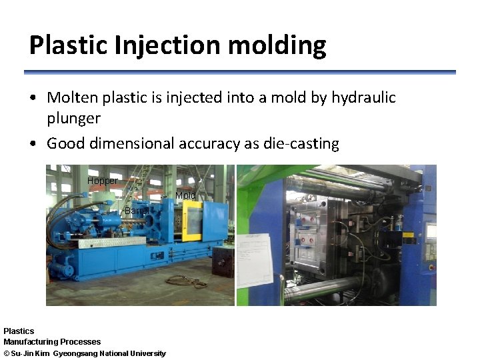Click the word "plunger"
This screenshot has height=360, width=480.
point(73,119)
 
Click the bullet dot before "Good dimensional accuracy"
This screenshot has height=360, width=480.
point(33,144)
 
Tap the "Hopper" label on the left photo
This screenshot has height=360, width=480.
point(102,181)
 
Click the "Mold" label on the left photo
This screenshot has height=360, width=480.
point(185,195)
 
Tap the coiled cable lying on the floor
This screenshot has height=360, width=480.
point(187,281)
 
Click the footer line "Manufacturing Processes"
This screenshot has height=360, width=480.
point(52,342)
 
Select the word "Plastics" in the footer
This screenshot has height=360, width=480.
point(19,331)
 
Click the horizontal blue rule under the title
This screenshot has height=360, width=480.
point(240,72)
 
